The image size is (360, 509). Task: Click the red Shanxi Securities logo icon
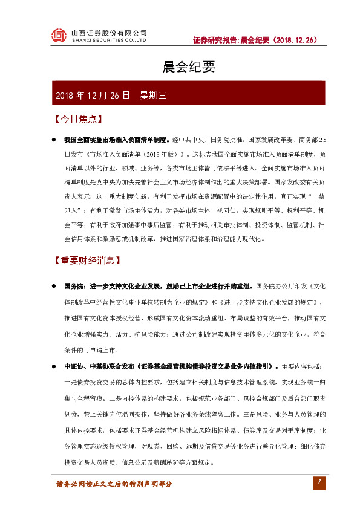(59, 36)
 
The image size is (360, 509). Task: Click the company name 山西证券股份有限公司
(109, 32)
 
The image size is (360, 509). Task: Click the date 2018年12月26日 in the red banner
(93, 95)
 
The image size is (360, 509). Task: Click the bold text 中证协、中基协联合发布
(100, 366)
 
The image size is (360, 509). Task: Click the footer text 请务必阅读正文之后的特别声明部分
(114, 484)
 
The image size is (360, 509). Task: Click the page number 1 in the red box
(319, 482)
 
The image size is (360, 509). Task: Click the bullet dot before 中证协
(54, 366)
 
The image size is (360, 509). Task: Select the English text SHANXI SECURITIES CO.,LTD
(109, 41)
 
